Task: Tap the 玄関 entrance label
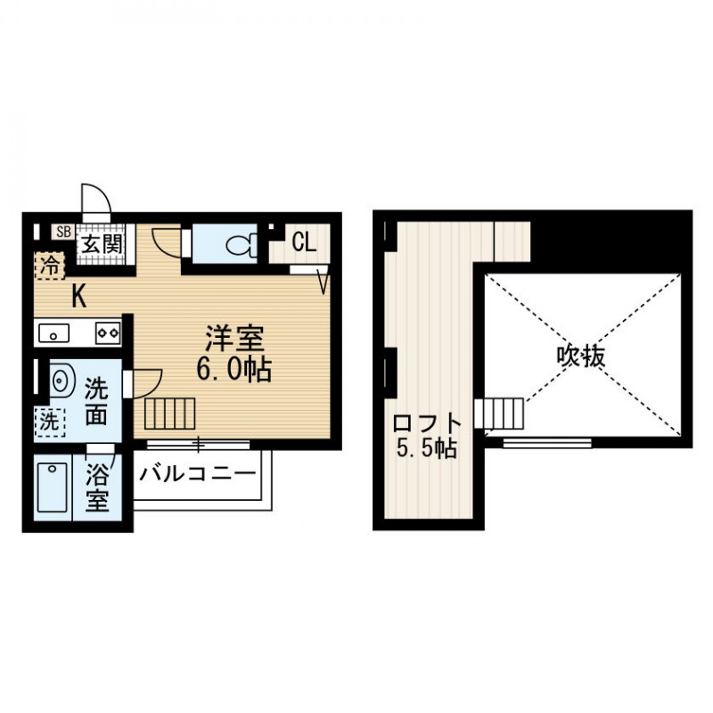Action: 100,242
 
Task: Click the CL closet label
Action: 303,242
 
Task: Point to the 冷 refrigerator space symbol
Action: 52,265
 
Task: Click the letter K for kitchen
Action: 79,297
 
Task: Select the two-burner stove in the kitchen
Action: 108,332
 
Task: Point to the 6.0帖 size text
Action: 235,368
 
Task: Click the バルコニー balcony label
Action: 197,473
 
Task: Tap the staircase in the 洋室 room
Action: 168,414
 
